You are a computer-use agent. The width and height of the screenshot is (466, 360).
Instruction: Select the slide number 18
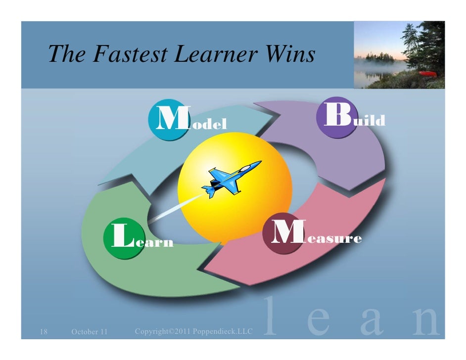coord(43,331)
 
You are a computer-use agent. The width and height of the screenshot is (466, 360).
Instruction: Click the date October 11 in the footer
coord(89,331)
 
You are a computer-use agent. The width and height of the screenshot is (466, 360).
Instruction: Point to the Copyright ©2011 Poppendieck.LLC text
coord(193,330)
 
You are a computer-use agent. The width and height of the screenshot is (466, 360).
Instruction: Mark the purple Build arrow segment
coord(346,153)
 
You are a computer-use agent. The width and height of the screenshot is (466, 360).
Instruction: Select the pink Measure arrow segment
coord(297,262)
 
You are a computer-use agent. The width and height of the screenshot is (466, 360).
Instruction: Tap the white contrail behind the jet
coord(176,208)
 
